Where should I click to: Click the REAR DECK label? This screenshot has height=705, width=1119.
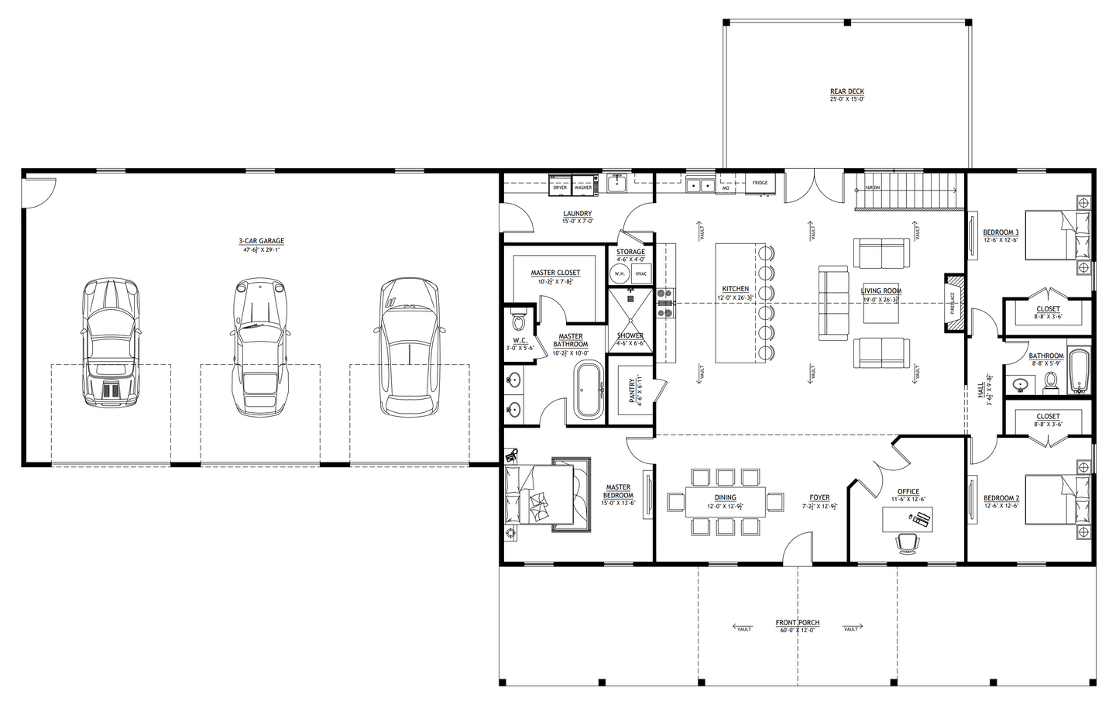tap(846, 91)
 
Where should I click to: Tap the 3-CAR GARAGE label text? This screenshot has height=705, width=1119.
tap(261, 242)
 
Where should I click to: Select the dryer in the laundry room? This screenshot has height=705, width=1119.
tap(560, 187)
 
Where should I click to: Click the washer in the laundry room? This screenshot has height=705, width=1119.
tap(583, 187)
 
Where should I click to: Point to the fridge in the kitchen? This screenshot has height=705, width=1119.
tap(760, 184)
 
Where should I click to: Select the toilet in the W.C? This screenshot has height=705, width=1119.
tap(519, 319)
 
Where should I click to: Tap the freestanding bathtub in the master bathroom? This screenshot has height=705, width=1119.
tap(588, 391)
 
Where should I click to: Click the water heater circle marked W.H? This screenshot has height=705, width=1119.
tap(620, 273)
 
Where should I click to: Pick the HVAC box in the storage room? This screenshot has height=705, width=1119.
tap(641, 273)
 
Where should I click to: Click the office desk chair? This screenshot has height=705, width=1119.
tap(907, 544)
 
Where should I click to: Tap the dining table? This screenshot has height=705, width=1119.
tap(725, 501)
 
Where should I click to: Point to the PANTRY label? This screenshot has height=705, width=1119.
tap(634, 391)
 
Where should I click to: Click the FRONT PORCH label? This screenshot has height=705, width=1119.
tap(798, 623)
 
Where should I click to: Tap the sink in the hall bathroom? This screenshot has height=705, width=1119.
tap(1021, 383)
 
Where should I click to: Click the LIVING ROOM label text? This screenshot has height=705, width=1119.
tap(880, 291)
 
